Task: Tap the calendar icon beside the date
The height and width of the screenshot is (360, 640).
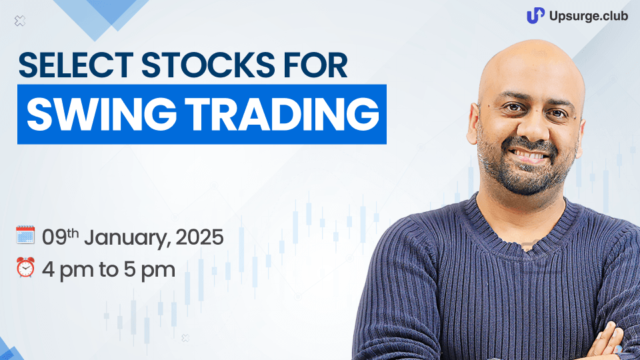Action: [x=25, y=235]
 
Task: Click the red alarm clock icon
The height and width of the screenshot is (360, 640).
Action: [x=25, y=268]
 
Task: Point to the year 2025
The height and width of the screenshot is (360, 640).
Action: [x=199, y=237]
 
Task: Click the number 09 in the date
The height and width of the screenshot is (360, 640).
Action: [x=54, y=237]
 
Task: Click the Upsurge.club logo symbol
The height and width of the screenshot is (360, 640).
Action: [x=535, y=15]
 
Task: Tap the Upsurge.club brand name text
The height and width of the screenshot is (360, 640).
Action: [x=589, y=16]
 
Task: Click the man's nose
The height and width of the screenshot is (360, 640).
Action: [x=530, y=130]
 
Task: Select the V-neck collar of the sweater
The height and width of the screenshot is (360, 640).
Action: [x=527, y=229]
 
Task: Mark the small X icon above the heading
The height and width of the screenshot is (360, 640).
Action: [x=19, y=21]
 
